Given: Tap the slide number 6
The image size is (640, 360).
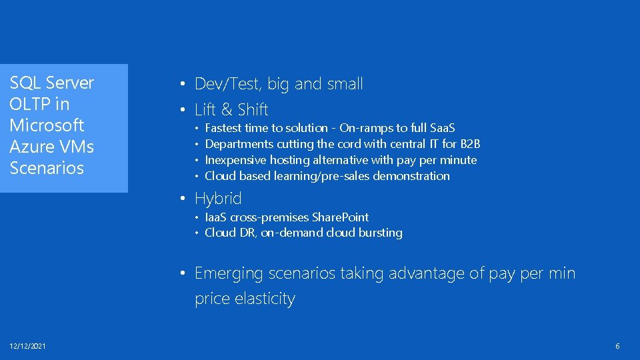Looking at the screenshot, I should (x=617, y=346).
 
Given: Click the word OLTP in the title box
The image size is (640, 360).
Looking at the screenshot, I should (x=29, y=104).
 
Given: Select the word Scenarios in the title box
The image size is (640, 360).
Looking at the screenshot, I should (x=47, y=168).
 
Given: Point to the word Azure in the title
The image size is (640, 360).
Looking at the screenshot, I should (x=32, y=147).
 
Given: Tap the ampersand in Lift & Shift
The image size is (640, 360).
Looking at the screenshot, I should (x=227, y=109).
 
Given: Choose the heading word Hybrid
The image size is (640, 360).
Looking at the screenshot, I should (x=218, y=199).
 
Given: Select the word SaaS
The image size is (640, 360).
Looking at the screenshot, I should (x=443, y=128).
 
